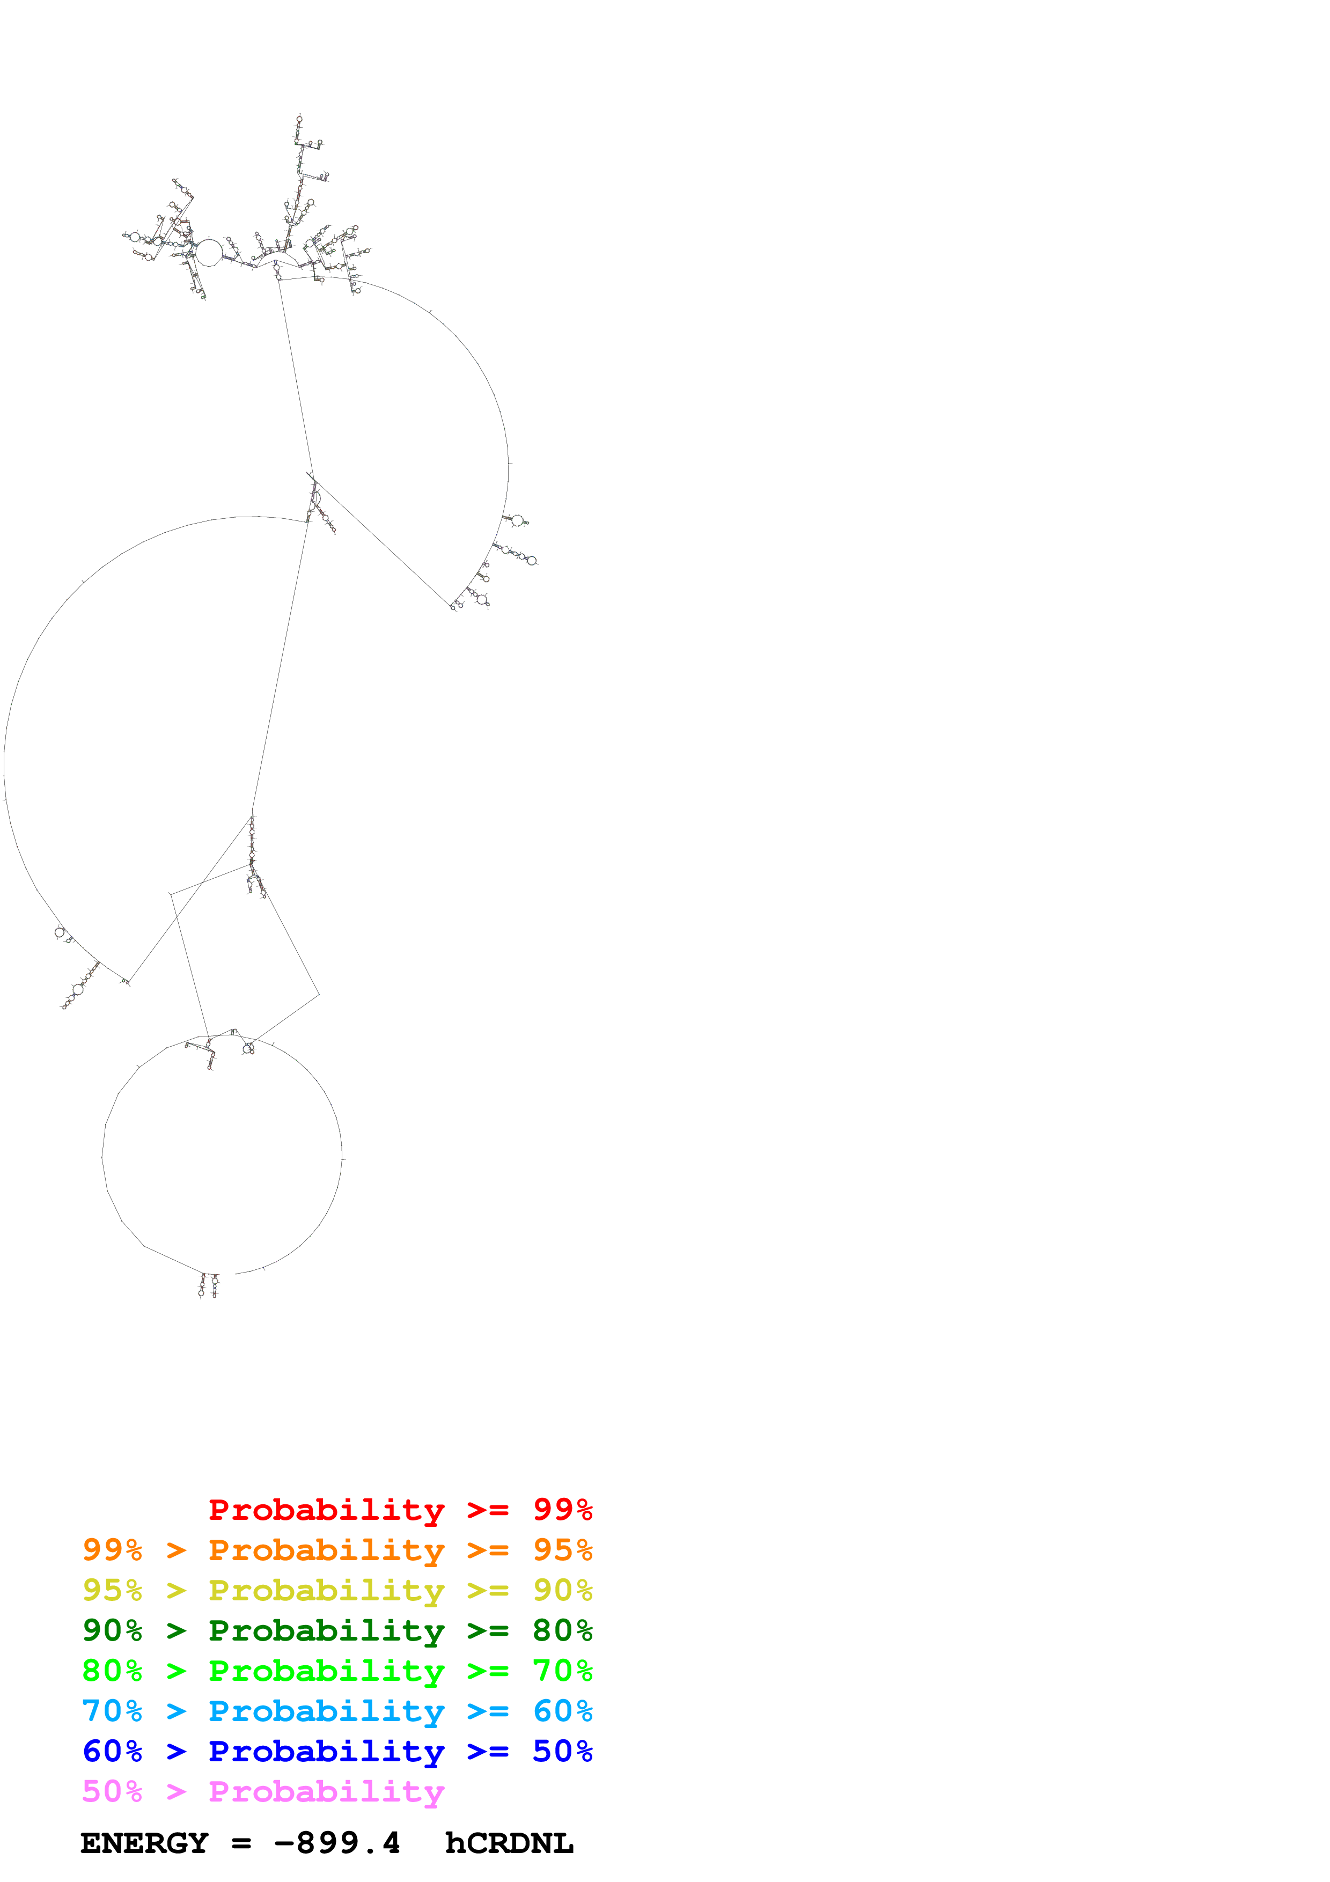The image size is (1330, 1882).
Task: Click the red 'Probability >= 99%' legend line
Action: point(400,1510)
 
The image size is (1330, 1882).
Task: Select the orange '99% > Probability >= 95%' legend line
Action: point(337,1550)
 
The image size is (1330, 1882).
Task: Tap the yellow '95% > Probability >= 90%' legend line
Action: point(337,1590)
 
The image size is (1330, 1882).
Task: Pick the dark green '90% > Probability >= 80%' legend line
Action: point(337,1630)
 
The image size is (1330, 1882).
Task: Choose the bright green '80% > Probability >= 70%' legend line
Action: point(337,1671)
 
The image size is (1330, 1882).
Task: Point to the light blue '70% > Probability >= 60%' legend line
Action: point(337,1711)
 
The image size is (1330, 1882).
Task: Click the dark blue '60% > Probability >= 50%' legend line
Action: point(337,1751)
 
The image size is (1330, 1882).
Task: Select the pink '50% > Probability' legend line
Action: point(263,1791)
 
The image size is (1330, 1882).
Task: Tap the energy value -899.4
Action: point(337,1843)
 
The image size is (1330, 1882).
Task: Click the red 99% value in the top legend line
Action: point(562,1510)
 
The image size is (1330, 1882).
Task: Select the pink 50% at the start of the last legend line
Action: point(112,1791)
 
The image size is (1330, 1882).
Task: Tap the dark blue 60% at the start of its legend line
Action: point(112,1751)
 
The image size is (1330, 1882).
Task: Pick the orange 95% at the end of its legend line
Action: point(562,1550)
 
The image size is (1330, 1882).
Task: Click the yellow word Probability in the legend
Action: point(326,1590)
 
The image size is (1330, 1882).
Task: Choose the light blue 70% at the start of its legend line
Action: point(112,1711)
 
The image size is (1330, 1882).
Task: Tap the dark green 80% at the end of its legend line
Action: point(562,1630)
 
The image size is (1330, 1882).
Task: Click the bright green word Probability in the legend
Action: point(326,1671)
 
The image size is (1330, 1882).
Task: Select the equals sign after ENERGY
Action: point(241,1843)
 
